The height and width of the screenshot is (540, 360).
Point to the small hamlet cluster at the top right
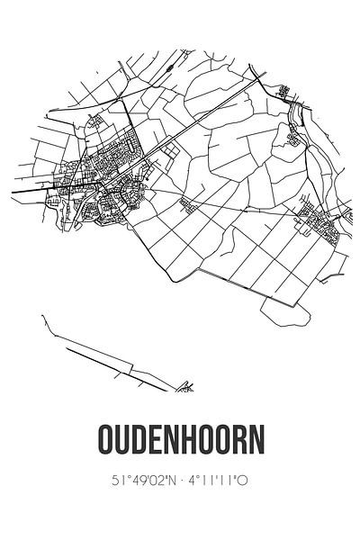[286, 91]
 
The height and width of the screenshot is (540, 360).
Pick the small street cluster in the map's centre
[190, 205]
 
